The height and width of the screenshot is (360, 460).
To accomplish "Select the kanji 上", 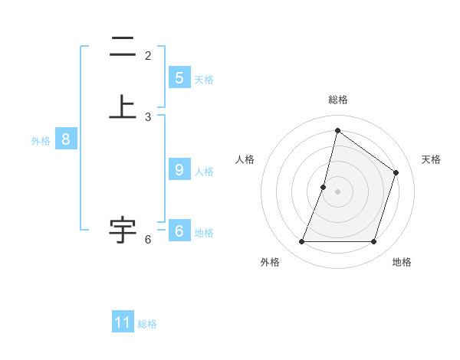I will click(123, 107).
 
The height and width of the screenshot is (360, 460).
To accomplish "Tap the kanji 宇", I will click(123, 229).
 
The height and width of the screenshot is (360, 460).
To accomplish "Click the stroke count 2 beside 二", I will click(148, 56).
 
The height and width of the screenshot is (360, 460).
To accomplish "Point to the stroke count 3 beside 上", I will click(148, 117).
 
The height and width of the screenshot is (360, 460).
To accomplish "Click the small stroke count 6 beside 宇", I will click(148, 240).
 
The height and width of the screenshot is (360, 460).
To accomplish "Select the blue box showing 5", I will click(179, 78).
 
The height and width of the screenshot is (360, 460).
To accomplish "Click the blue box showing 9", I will click(179, 170).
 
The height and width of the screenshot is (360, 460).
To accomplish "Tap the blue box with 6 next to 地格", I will click(179, 231).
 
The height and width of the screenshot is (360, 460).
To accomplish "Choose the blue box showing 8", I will click(66, 139).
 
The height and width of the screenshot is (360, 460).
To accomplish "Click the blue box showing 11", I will click(123, 322).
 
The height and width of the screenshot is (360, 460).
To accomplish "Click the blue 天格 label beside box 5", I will click(204, 79).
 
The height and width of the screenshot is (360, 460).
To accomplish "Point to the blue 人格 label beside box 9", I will click(204, 171).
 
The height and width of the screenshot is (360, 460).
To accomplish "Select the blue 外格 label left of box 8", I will click(41, 140).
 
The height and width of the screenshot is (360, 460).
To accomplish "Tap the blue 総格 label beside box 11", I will click(147, 323).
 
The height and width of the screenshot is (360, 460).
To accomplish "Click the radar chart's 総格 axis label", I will click(337, 100).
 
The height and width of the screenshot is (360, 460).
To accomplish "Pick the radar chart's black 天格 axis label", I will click(431, 159).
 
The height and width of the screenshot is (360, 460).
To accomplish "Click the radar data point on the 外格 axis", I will click(301, 242).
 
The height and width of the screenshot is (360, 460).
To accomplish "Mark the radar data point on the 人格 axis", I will click(324, 187).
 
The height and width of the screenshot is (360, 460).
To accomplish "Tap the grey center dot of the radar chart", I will click(337, 191).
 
